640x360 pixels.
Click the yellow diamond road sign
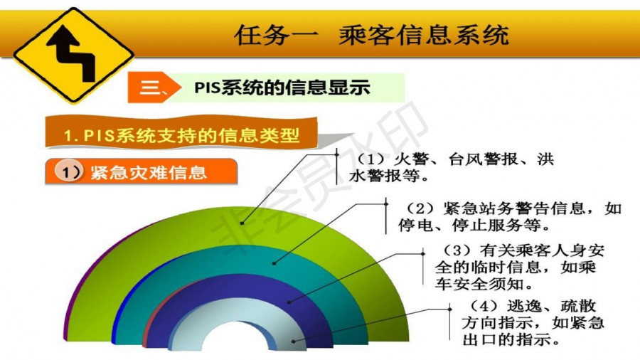click(x=73, y=55)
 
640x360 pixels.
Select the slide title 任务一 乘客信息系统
click(x=371, y=35)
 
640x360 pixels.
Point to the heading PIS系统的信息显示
click(x=282, y=88)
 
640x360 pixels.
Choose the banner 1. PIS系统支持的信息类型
click(x=181, y=134)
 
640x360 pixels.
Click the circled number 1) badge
click(x=68, y=171)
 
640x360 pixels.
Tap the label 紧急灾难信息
click(x=149, y=173)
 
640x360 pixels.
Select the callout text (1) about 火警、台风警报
click(x=451, y=167)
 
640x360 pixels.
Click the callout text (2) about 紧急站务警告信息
click(x=509, y=216)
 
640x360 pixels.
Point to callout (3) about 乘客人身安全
click(x=519, y=267)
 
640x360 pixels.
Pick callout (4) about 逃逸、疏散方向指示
click(x=533, y=322)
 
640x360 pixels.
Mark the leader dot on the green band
click(x=242, y=223)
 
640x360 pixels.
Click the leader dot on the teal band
click(x=274, y=263)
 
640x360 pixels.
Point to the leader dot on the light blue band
click(x=293, y=342)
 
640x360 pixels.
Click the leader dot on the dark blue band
click(x=289, y=302)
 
